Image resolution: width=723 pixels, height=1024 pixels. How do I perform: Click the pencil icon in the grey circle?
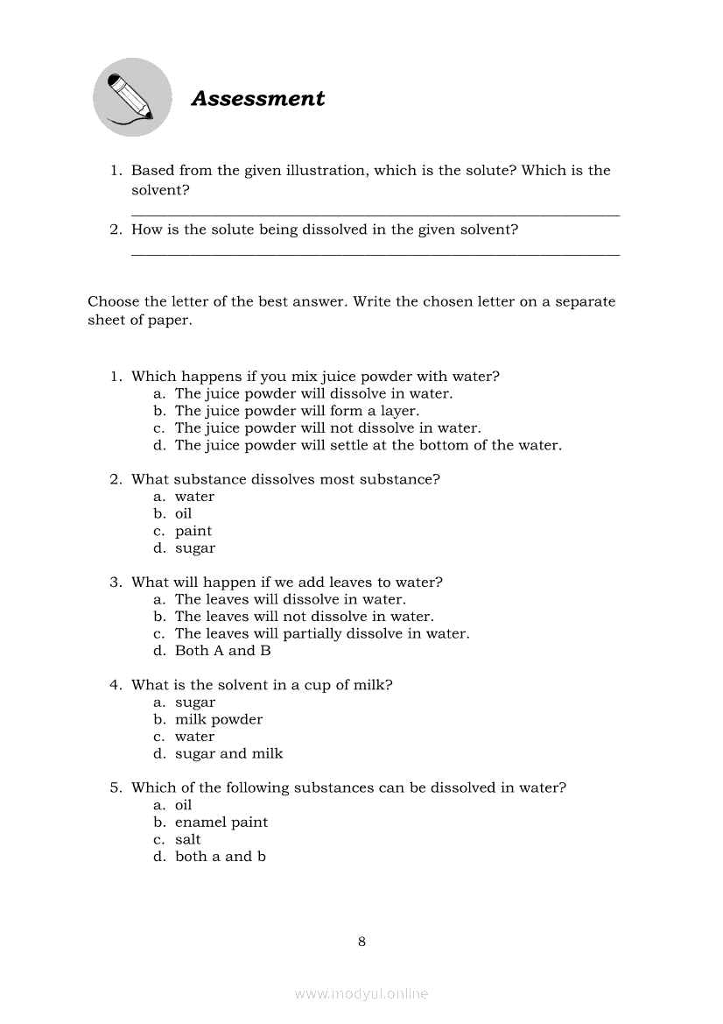(131, 97)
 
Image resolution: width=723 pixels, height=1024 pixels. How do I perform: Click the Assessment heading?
(257, 99)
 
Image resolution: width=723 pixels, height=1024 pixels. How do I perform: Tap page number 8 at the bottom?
(361, 943)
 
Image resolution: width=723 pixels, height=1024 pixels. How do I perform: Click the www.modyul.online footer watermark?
(361, 994)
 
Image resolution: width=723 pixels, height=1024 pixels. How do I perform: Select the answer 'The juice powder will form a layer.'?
(297, 411)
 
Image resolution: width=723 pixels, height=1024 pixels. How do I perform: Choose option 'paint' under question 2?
(193, 531)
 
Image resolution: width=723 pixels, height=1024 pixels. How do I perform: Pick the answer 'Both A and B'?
(223, 651)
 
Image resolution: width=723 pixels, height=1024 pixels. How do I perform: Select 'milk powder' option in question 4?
(219, 719)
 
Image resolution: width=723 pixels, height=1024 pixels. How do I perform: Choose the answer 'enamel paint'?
(221, 823)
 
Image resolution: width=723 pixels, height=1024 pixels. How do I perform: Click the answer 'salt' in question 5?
(188, 839)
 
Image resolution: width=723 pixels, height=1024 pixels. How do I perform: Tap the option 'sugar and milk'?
(229, 753)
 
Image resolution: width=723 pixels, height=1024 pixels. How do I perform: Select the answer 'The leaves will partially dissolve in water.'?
(322, 633)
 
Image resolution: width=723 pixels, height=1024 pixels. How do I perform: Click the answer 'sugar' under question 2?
(195, 548)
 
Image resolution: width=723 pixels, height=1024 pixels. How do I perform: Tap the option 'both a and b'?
(221, 857)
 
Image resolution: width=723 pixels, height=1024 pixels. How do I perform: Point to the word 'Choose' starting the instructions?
(114, 302)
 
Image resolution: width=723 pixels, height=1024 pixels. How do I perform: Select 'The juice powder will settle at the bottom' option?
(369, 445)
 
